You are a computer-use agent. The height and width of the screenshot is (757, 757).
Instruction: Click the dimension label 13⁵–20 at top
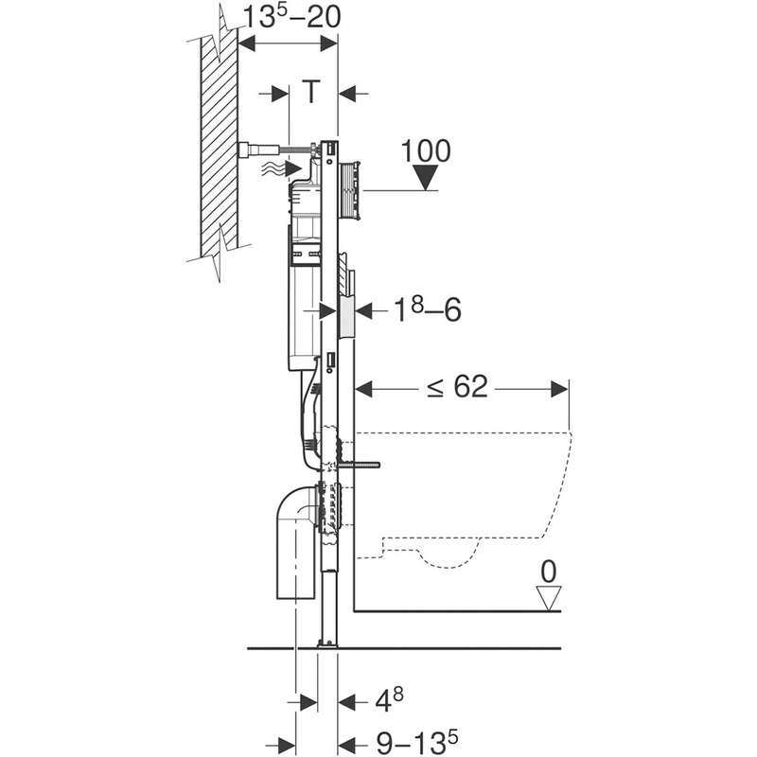pyautogui.click(x=288, y=17)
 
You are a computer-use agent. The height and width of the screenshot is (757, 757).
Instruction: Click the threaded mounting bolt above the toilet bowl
pyautogui.click(x=360, y=465)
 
